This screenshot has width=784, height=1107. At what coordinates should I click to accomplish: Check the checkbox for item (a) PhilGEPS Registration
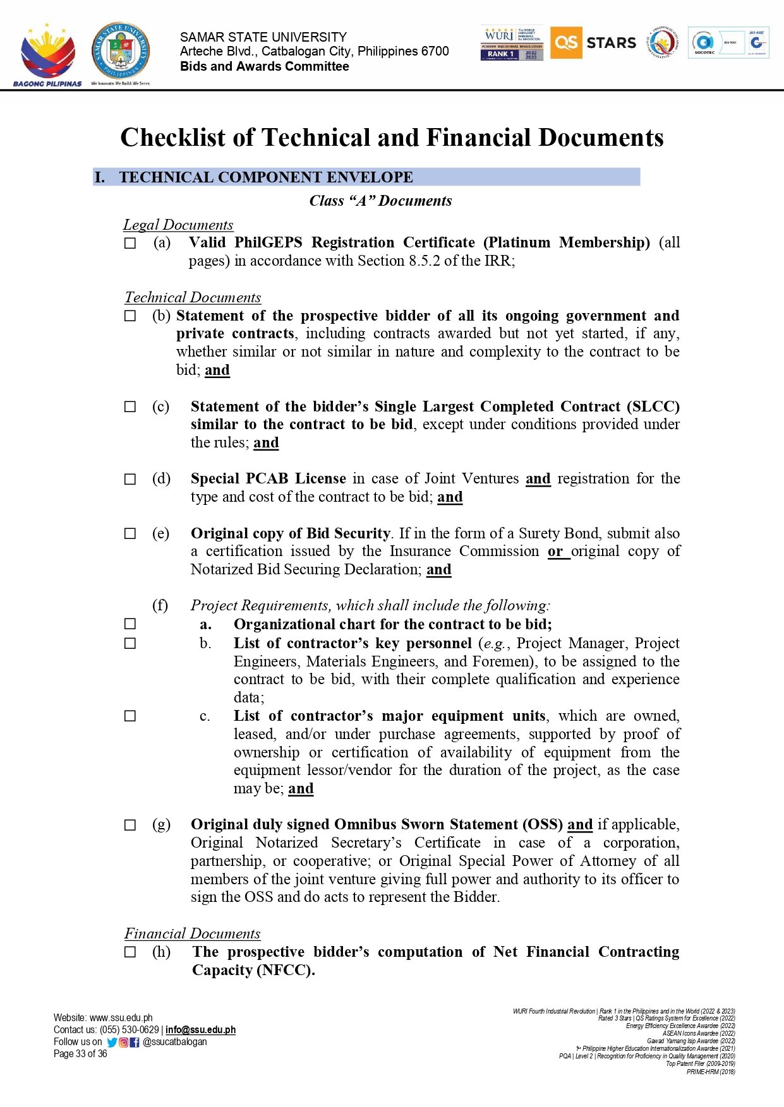pyautogui.click(x=130, y=243)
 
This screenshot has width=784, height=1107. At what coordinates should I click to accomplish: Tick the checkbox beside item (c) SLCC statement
pyautogui.click(x=130, y=407)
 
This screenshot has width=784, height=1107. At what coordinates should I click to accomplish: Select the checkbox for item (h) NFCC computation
pyautogui.click(x=130, y=952)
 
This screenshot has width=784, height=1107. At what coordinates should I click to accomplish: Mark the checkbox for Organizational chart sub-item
pyautogui.click(x=130, y=624)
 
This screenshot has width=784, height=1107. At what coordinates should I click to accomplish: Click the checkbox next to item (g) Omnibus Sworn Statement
pyautogui.click(x=130, y=825)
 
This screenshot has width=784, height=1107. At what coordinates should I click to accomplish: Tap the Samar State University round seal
pyautogui.click(x=121, y=50)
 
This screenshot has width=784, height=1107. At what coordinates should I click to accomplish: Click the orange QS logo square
pyautogui.click(x=565, y=42)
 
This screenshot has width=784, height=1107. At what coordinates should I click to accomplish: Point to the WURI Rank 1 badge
pyautogui.click(x=512, y=43)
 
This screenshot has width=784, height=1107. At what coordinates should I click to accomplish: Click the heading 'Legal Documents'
pyautogui.click(x=178, y=225)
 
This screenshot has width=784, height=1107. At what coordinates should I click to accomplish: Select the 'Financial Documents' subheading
pyautogui.click(x=192, y=933)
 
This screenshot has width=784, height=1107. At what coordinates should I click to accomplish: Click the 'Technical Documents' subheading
pyautogui.click(x=193, y=297)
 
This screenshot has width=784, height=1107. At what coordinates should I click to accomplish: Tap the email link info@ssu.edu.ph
pyautogui.click(x=200, y=1029)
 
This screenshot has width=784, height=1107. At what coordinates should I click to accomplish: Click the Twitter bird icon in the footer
pyautogui.click(x=112, y=1042)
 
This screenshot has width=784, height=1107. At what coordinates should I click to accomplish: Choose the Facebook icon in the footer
pyautogui.click(x=134, y=1042)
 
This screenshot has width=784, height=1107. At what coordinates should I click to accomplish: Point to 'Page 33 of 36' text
pyautogui.click(x=80, y=1053)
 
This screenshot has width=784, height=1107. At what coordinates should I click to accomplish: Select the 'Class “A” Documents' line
pyautogui.click(x=380, y=201)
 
